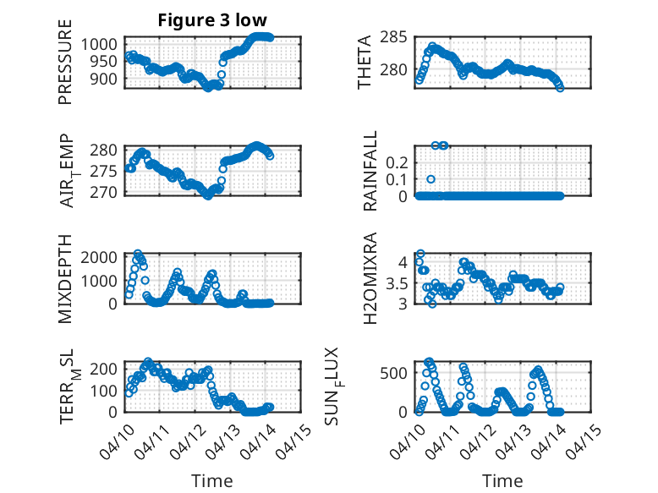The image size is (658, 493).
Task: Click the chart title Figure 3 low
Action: (x=211, y=20)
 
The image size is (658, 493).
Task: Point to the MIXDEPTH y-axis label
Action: (x=65, y=279)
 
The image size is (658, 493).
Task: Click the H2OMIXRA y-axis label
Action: (x=370, y=279)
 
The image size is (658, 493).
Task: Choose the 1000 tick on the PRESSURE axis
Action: (x=104, y=44)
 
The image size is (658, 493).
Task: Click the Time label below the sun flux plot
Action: (x=502, y=480)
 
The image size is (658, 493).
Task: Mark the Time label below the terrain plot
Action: (x=211, y=480)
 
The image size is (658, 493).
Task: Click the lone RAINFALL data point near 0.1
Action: (x=430, y=179)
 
